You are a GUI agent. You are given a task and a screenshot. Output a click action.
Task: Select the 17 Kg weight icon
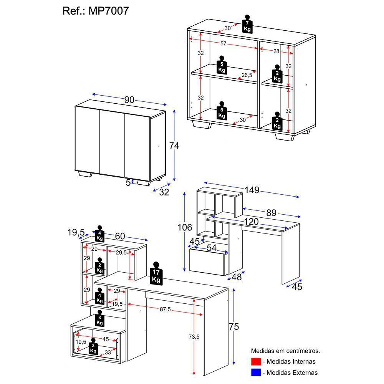(156, 274)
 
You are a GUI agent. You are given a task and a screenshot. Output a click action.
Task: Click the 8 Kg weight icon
(100, 318)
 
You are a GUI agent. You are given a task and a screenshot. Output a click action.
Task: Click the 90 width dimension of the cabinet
(129, 100)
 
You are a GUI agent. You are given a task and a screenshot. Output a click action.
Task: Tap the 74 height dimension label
(174, 146)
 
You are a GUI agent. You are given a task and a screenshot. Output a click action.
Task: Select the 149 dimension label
(252, 190)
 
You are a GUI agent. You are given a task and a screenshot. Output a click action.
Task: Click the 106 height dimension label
(185, 228)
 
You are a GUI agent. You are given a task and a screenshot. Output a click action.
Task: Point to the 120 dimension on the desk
(250, 222)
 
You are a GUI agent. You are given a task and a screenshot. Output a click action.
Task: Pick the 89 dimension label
(271, 213)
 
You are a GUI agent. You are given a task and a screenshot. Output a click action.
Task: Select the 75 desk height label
(234, 327)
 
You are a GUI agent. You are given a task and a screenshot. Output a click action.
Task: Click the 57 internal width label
(223, 43)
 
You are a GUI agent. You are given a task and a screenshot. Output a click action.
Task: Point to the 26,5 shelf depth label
(247, 75)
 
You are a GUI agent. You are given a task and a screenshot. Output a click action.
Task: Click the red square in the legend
(256, 362)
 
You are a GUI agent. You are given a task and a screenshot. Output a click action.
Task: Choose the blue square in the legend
(256, 372)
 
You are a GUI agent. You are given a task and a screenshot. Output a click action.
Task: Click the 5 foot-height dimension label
(128, 183)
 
